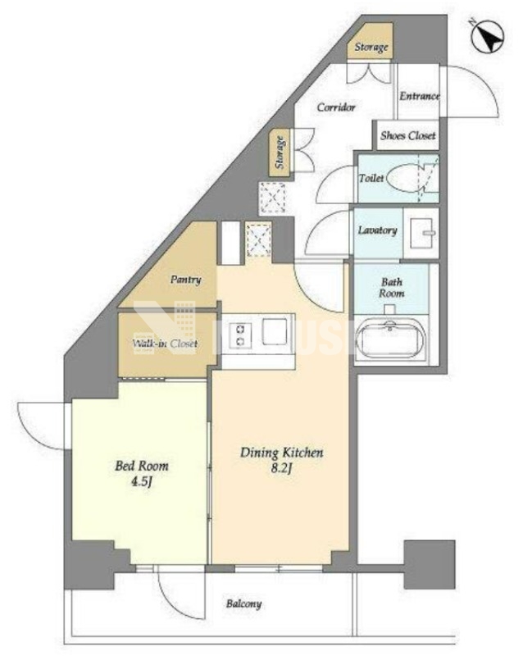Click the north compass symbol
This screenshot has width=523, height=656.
click(x=488, y=36)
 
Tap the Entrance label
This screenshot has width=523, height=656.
click(x=419, y=96)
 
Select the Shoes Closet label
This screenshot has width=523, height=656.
click(x=408, y=135)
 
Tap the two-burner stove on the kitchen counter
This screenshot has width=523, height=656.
click(x=240, y=335)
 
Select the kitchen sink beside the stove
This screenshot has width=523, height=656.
click(x=275, y=332)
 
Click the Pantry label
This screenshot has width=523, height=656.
click(x=185, y=280)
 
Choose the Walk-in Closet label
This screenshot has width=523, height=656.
click(x=165, y=344)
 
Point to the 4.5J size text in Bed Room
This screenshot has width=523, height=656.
click(x=142, y=482)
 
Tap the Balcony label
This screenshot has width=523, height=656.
click(x=244, y=604)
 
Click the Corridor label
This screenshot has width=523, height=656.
click(x=336, y=107)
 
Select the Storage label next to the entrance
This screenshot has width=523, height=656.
click(x=371, y=47)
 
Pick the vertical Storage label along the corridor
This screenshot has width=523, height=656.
click(x=279, y=153)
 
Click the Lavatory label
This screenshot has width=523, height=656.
click(x=377, y=230)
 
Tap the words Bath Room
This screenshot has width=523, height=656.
click(x=392, y=288)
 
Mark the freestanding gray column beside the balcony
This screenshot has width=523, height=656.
click(x=430, y=564)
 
